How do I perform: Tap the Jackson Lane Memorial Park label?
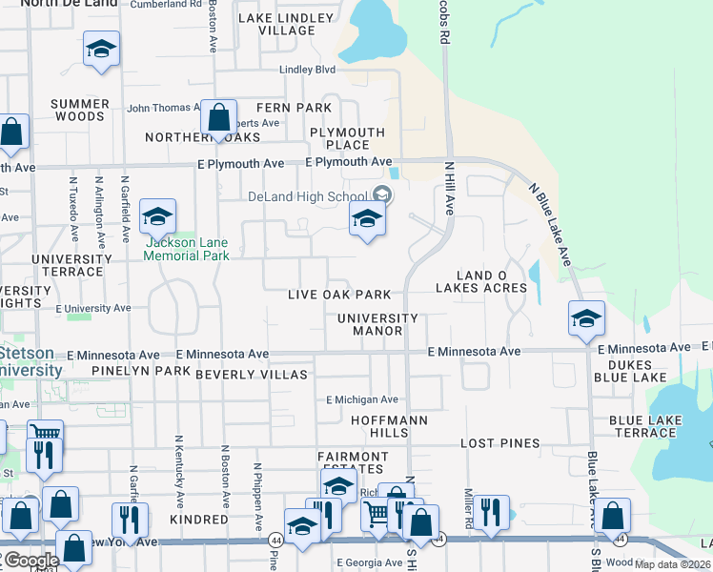coord(187,249)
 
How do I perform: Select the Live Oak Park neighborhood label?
coord(339,296)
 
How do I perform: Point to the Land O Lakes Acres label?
coord(481,281)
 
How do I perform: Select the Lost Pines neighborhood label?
coord(499,444)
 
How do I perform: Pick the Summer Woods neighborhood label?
coord(79,110)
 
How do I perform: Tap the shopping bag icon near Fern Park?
coord(219,118)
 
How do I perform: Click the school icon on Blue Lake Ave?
coord(586,317)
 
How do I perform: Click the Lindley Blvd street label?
coord(307,70)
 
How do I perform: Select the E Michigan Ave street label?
coord(362,399)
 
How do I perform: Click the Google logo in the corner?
coord(31,561)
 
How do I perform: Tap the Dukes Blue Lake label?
coord(623,371)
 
